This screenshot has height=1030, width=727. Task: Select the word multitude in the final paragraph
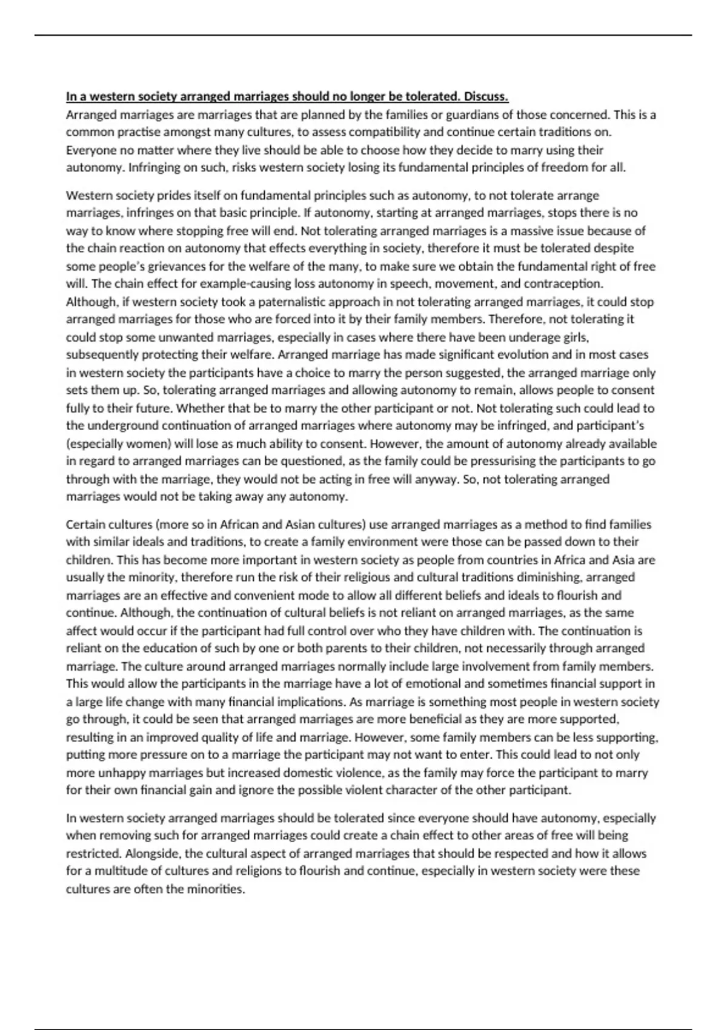coord(124,871)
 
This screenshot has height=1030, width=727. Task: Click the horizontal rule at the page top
coord(363,35)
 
